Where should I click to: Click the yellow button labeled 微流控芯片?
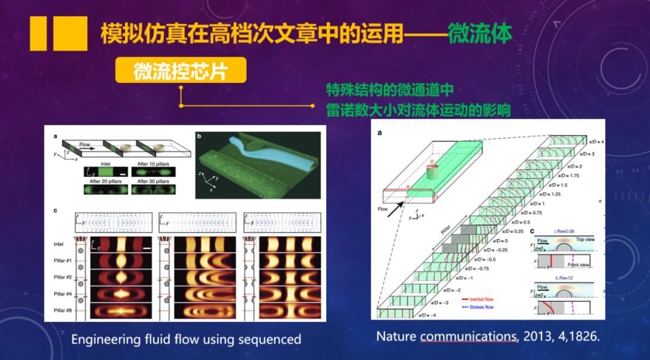(181, 70)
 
